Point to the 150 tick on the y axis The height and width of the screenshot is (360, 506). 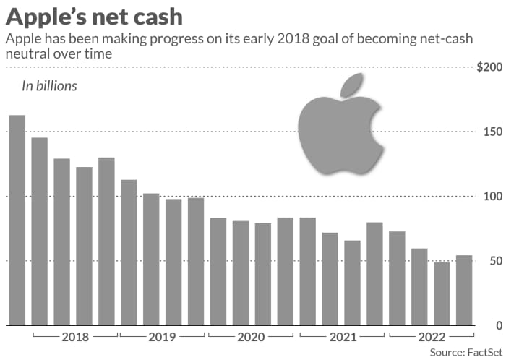point(489,132)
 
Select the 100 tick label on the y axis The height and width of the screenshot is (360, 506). point(489,197)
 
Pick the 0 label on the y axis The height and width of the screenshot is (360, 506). point(495,325)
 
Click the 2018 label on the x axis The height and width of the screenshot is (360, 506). point(74,337)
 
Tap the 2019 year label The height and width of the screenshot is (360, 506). point(163,337)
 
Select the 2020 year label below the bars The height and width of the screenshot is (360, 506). point(252,337)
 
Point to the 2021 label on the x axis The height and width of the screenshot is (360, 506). point(342,337)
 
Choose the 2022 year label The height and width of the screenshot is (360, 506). point(431,337)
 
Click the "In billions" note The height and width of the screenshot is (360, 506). point(48,86)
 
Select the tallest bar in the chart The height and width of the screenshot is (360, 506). point(17,220)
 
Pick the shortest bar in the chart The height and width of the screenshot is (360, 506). point(441,293)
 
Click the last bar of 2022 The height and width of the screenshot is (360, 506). point(463,290)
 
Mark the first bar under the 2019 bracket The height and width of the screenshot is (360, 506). point(129,252)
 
